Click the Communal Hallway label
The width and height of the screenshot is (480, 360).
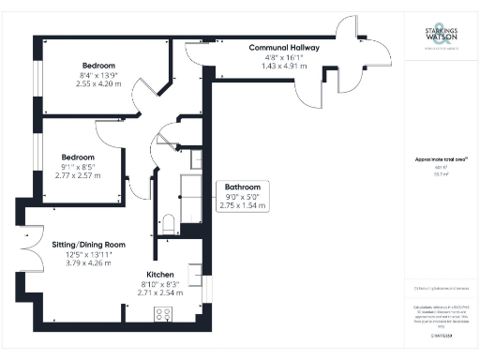[x=284, y=48]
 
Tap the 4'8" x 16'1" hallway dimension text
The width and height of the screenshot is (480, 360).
[x=284, y=58]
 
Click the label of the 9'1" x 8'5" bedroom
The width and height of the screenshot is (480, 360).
[x=78, y=157]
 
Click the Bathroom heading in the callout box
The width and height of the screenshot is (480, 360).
[x=243, y=187]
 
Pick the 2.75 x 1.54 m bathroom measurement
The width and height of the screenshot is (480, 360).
[x=243, y=205]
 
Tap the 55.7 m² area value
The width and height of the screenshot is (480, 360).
[x=439, y=174]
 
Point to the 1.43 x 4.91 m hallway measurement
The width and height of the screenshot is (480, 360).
[x=284, y=67]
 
